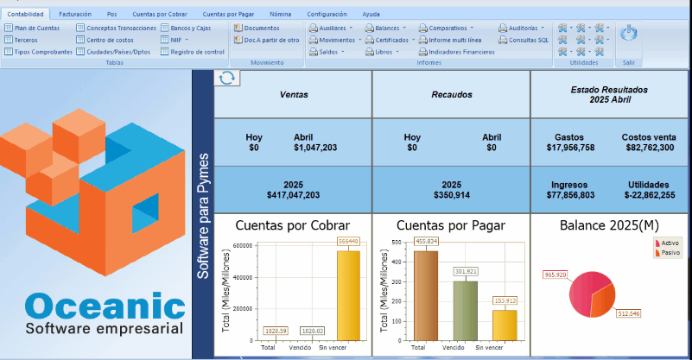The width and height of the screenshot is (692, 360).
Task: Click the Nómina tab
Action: pyautogui.click(x=280, y=15)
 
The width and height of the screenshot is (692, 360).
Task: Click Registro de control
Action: pyautogui.click(x=197, y=52)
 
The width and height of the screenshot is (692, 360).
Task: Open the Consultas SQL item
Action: pyautogui.click(x=528, y=40)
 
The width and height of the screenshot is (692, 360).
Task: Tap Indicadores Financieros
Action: pyautogui.click(x=461, y=52)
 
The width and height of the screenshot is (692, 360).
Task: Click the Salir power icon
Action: pyautogui.click(x=629, y=34)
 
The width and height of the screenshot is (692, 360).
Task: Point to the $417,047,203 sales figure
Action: pyautogui.click(x=294, y=195)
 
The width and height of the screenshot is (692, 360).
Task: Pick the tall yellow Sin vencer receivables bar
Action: pyautogui.click(x=348, y=294)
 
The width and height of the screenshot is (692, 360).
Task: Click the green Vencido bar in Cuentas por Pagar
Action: pyautogui.click(x=465, y=309)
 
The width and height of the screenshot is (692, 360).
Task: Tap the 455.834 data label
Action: pyautogui.click(x=426, y=242)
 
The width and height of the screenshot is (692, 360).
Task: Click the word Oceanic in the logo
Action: pyautogui.click(x=105, y=307)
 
